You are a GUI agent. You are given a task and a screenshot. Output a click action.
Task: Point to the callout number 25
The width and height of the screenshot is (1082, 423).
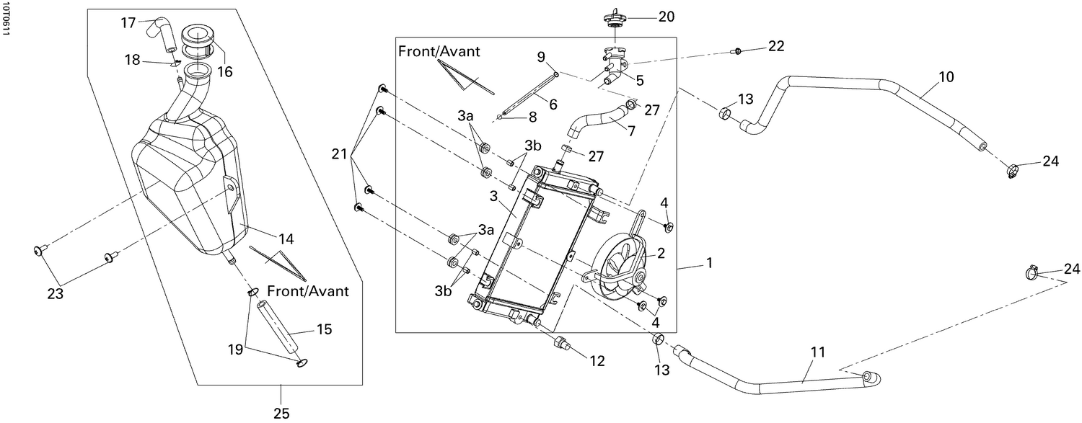(281, 413)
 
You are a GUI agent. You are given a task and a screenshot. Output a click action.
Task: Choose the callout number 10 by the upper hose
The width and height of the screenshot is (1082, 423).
(946, 75)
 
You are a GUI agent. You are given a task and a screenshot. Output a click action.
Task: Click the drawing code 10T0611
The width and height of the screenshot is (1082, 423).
(6, 19)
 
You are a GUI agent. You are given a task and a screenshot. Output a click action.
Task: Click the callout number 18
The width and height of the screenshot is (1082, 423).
(132, 60)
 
